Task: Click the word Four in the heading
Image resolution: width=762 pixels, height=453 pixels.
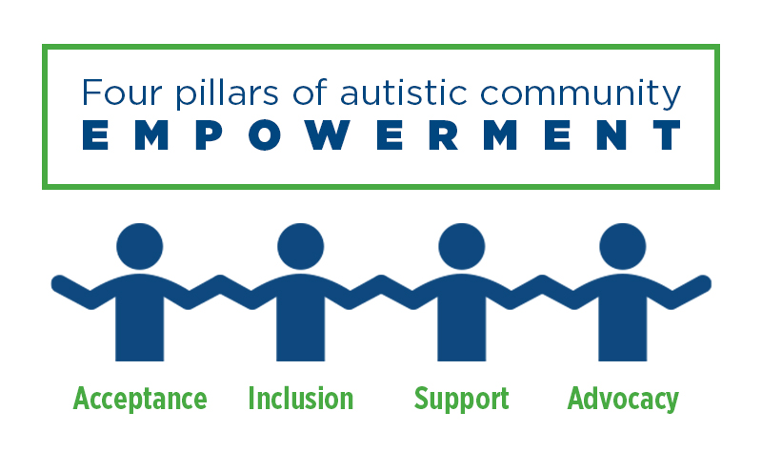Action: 121,93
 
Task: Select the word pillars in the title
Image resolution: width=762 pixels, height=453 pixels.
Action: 227,93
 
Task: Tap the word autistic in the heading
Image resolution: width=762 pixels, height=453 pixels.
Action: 403,92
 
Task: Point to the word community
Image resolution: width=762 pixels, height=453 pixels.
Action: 580,94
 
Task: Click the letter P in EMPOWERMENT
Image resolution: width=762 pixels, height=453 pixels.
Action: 210,134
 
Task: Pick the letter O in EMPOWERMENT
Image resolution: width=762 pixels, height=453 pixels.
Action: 265,134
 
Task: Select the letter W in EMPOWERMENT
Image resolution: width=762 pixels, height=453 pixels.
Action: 325,134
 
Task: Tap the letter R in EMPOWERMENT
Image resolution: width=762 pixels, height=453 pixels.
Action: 444,134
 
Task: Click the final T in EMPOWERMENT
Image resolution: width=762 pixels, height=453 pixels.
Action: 667,134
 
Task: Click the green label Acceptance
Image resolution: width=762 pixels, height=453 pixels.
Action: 140,399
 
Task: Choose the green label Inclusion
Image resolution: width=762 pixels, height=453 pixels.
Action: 301,398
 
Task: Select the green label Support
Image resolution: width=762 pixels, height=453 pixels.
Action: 462,399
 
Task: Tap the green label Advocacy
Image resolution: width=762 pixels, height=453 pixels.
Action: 623,399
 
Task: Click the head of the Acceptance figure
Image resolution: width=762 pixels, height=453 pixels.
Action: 140,246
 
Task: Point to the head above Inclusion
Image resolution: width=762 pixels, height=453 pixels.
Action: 301,246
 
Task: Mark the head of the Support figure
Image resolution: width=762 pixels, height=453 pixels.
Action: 462,246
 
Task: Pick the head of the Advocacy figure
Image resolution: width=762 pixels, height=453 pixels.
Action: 623,246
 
